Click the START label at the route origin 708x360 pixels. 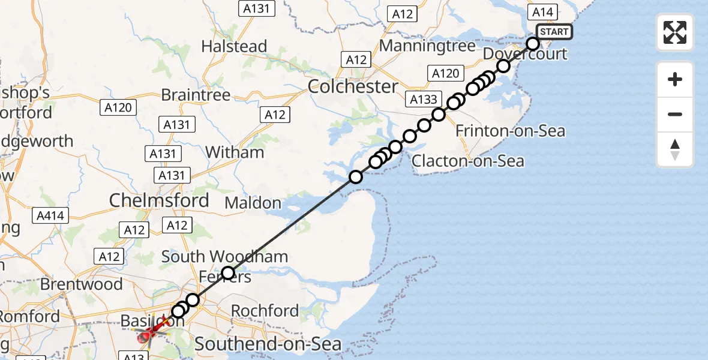pos(553,32)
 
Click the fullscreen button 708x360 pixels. pos(675,32)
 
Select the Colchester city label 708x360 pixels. pos(353,86)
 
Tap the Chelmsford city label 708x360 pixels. pos(159,200)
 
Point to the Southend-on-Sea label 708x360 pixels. pos(268,344)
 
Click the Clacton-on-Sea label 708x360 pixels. pos(467,161)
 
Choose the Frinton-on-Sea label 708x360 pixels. pos(510,130)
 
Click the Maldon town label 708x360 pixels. pos(253,203)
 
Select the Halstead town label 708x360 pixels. pos(234,46)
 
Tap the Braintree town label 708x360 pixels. pos(196,95)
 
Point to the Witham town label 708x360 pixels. pos(235,152)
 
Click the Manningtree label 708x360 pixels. pos(427,46)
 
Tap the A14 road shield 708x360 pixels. pos(542,11)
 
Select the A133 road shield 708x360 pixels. pos(424,100)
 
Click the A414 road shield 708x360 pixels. pos(52,215)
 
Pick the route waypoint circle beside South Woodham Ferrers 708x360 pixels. pos(228,274)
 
